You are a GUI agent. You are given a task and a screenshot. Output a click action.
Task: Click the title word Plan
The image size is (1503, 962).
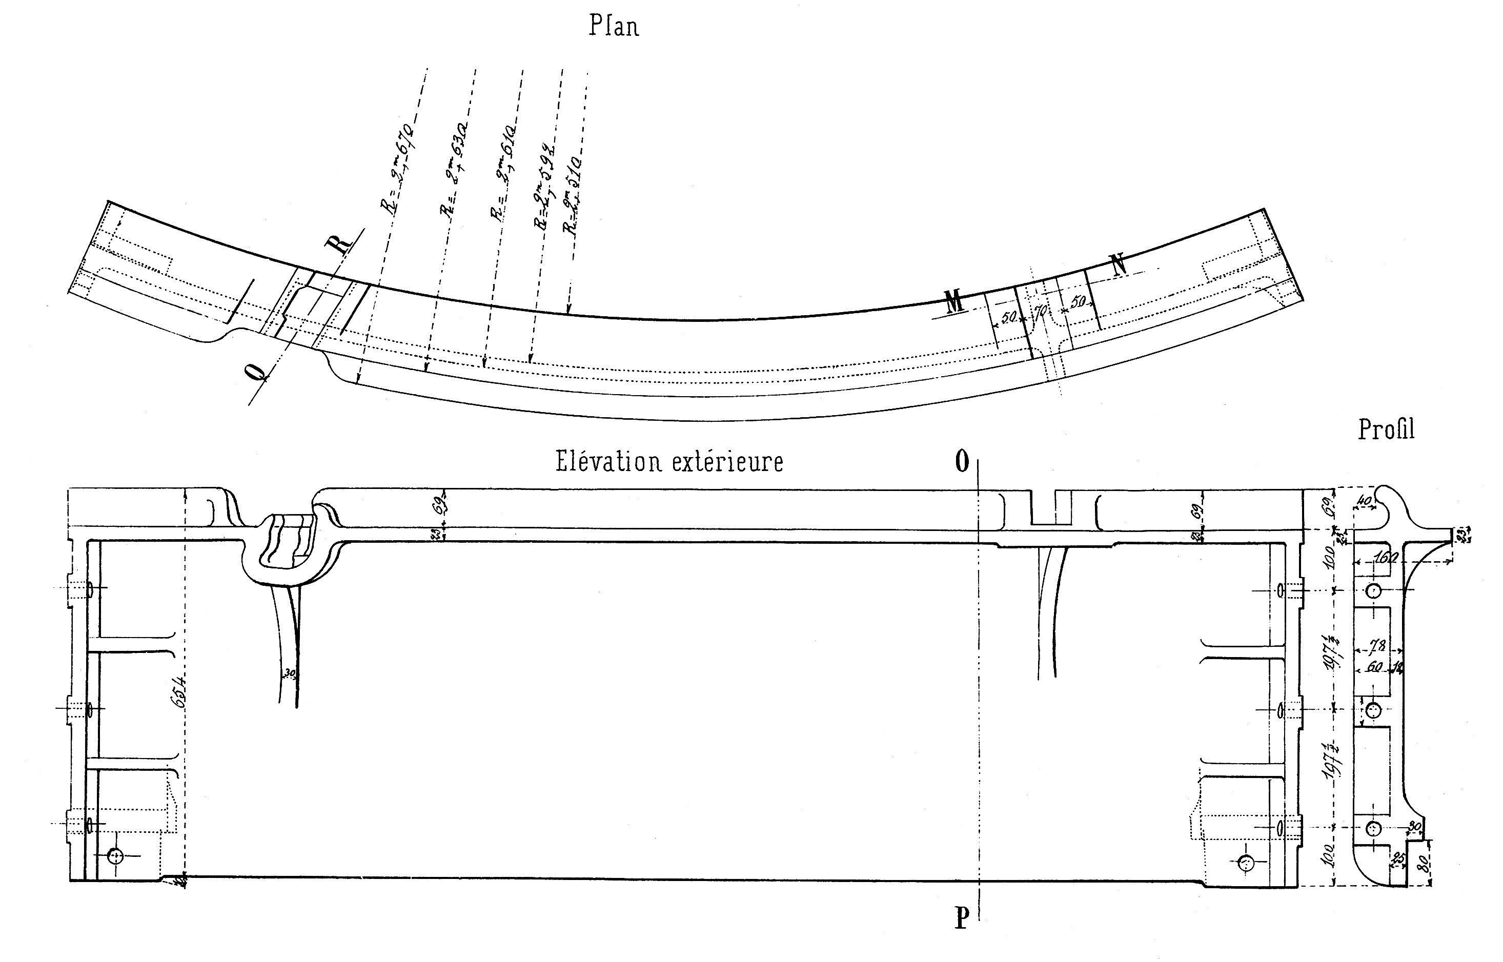614,27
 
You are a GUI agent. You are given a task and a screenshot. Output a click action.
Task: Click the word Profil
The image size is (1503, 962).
1386,430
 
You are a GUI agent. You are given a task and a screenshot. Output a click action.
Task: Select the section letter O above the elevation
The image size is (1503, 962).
962,462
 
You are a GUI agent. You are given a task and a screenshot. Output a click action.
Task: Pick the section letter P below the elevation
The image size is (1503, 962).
962,918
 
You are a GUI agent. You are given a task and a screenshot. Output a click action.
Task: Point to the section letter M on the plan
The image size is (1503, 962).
954,302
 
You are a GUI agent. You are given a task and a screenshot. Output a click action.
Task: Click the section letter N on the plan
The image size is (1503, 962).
1118,265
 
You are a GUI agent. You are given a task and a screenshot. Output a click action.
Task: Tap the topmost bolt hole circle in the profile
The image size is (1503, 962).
1373,590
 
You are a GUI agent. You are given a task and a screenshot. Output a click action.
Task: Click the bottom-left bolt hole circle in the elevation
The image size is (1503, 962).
115,856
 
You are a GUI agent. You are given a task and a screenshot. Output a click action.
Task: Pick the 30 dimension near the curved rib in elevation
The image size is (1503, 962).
290,673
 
